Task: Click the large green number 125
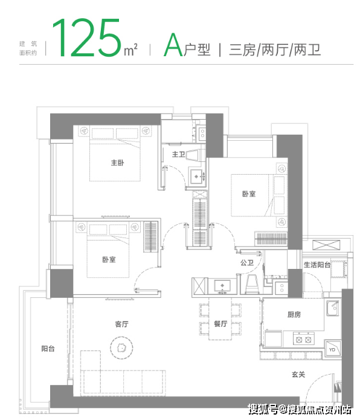click(x=86, y=37)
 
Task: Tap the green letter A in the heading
click(x=173, y=45)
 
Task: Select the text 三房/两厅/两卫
click(x=275, y=50)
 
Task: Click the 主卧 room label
click(x=118, y=163)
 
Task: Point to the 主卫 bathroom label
click(x=178, y=154)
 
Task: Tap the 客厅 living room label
click(x=122, y=324)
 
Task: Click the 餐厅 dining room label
click(x=220, y=324)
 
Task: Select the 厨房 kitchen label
click(x=294, y=314)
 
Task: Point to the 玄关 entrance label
click(x=298, y=374)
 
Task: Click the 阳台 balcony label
click(x=48, y=349)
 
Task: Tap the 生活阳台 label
click(x=317, y=265)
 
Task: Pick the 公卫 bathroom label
click(x=247, y=263)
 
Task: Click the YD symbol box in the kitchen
click(x=332, y=349)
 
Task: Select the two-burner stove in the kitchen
click(x=304, y=340)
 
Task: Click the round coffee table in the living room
click(x=121, y=347)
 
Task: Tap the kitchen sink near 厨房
click(x=333, y=308)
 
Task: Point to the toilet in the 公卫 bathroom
click(x=252, y=284)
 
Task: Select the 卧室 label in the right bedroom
click(x=249, y=193)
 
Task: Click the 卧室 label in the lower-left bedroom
click(x=109, y=259)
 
